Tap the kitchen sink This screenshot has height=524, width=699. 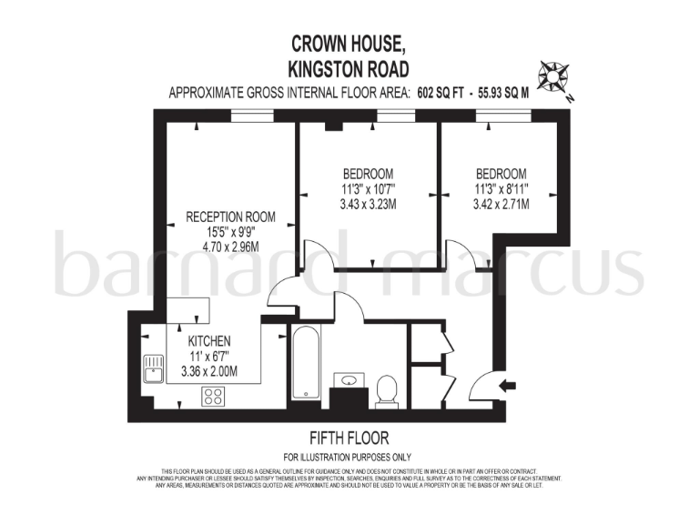click(152, 368)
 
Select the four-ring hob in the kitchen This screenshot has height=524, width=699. click(213, 396)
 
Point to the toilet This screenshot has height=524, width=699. click(387, 390)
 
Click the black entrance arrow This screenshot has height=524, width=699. click(508, 387)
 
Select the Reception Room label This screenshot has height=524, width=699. click(230, 217)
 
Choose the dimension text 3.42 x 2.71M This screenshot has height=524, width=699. click(501, 205)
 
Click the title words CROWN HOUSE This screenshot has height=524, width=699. click(349, 43)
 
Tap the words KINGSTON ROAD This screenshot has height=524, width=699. click(349, 67)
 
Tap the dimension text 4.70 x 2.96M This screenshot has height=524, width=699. click(230, 246)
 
